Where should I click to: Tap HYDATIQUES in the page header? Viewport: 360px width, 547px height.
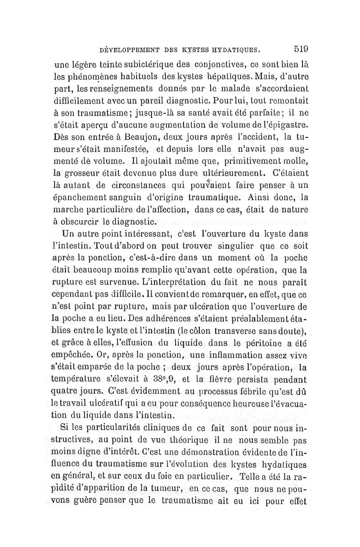(x=237, y=50)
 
